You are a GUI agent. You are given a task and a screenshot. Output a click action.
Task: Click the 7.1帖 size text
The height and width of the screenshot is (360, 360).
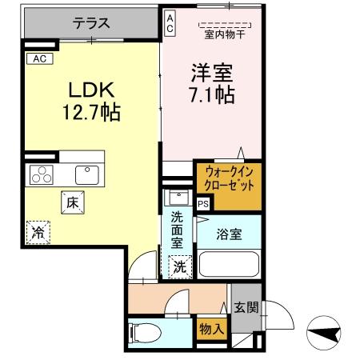point(211,95)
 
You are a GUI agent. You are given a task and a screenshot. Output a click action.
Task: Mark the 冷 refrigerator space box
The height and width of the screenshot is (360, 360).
point(37,232)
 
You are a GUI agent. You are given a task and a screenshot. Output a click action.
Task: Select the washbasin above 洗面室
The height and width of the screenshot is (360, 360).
point(178,198)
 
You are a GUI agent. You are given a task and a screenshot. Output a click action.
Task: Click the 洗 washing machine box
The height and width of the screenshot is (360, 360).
point(179,265)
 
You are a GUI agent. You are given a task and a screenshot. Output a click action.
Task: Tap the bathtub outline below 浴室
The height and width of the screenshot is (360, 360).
point(228,263)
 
